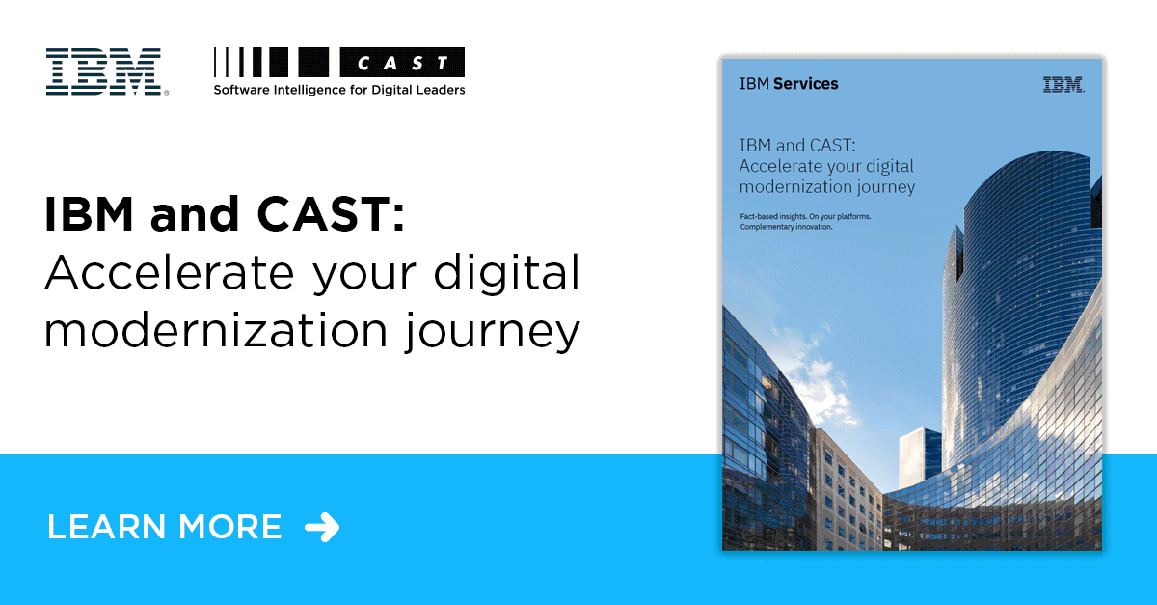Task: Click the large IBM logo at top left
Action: pos(103,71)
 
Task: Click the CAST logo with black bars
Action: pos(338,64)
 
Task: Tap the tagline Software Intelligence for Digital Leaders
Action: pos(338,90)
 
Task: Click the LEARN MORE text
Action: pos(164,527)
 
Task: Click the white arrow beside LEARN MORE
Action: pos(322,527)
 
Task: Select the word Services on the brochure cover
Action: pos(805,84)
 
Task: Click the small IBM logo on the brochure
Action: pos(1063,85)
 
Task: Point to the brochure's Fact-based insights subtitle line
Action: pos(799,216)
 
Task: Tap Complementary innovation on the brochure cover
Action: pos(786,228)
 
